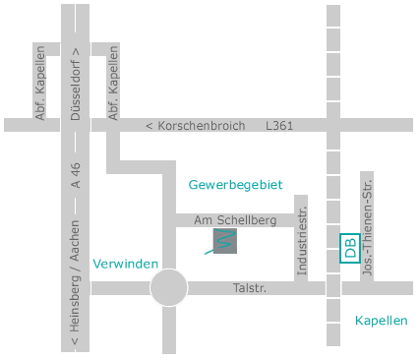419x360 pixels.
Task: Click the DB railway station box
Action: pos(349,248)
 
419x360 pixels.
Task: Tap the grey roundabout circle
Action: pos(168,288)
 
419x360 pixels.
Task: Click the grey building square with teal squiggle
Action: pos(225,241)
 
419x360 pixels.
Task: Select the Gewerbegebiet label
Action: pos(236,184)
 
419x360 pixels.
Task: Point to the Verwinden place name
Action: pos(126,264)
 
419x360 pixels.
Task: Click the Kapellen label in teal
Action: pos(381,321)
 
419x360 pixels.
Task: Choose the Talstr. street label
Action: pos(250,288)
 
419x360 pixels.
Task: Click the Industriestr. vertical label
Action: pos(302,241)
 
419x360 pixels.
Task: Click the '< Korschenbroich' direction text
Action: pos(195,126)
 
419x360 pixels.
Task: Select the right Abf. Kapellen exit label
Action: pos(113,87)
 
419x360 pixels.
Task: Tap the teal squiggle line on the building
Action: pos(222,243)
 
